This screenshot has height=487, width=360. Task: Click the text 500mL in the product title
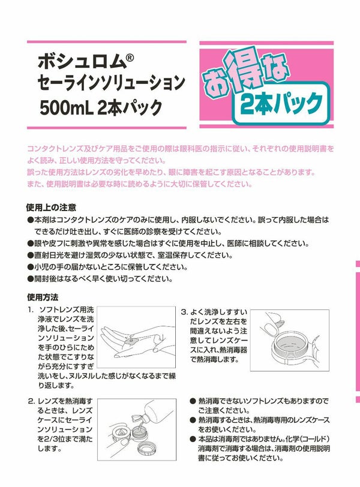tap(67, 107)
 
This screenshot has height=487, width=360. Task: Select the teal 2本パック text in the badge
tap(281, 104)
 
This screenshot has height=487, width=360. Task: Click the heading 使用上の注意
tap(51, 208)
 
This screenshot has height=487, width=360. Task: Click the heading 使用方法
tap(43, 297)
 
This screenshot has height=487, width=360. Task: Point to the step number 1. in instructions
tap(31, 309)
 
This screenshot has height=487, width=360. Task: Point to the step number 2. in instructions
tap(31, 402)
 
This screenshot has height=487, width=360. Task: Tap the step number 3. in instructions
tap(185, 312)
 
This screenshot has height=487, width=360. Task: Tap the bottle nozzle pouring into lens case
tap(137, 417)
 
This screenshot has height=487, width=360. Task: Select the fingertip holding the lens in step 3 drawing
tap(271, 324)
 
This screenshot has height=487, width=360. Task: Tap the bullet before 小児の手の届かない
tap(30, 267)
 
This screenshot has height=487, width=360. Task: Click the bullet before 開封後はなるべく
tap(30, 279)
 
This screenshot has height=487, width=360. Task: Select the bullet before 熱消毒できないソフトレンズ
tap(193, 402)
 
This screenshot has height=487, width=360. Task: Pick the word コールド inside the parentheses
tap(311, 439)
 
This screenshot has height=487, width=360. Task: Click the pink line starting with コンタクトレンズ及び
tap(181, 149)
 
